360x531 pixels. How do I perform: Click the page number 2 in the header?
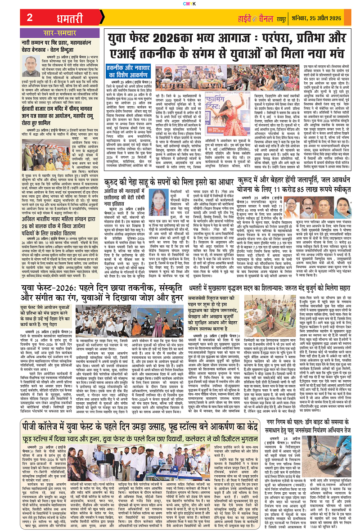pos(30,18)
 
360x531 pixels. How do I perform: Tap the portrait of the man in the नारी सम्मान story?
pos(32,65)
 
